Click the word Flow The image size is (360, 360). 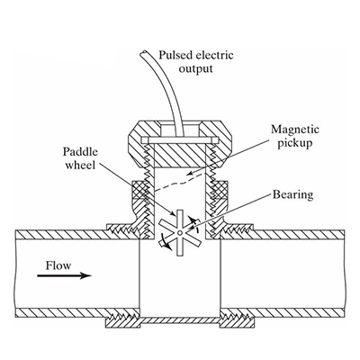(58, 265)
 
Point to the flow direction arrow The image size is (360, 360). (64, 275)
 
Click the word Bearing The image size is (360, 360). (292, 194)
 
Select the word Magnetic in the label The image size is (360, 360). (295, 130)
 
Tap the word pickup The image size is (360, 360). (294, 143)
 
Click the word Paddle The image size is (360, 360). (80, 152)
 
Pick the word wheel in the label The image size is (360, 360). (80, 165)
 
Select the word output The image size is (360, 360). (195, 68)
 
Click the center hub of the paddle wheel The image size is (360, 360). (179, 233)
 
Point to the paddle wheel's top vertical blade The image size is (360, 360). (180, 220)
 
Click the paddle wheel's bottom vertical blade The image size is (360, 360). (179, 246)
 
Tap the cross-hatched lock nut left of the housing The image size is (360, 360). (139, 190)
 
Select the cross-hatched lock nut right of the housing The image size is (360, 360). (220, 190)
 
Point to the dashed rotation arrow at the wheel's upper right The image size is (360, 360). (193, 223)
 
